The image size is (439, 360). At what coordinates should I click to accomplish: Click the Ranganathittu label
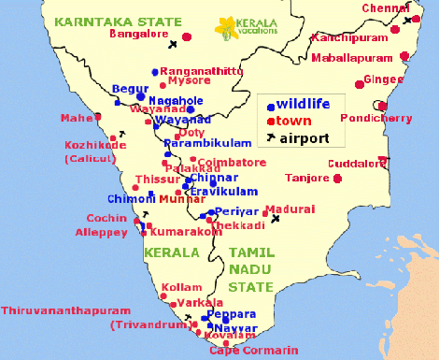point(202,70)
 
